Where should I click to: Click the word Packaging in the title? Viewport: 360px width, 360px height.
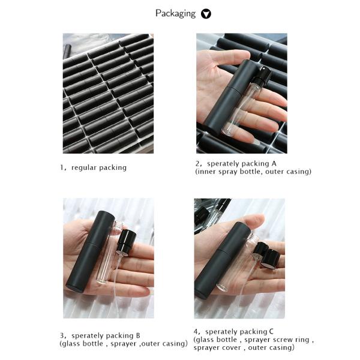(175, 14)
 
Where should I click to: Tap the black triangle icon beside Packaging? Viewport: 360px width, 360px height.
(206, 14)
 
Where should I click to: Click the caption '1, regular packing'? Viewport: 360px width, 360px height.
(93, 167)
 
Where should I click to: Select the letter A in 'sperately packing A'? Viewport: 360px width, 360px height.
(274, 163)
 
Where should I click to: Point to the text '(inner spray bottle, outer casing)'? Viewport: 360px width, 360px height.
(253, 172)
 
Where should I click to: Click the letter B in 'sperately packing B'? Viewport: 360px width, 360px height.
(138, 335)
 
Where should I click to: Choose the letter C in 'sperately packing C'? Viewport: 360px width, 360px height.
(271, 332)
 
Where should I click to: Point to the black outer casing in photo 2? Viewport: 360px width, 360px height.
(228, 96)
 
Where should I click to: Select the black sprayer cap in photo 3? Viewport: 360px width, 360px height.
(126, 241)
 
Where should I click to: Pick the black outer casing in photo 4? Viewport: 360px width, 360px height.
(221, 260)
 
